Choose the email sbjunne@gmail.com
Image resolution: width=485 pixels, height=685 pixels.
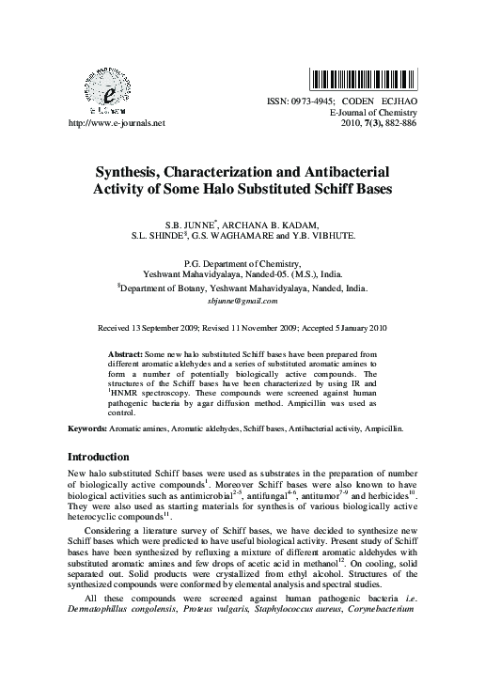242,301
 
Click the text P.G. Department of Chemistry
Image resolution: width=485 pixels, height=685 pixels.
242,266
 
